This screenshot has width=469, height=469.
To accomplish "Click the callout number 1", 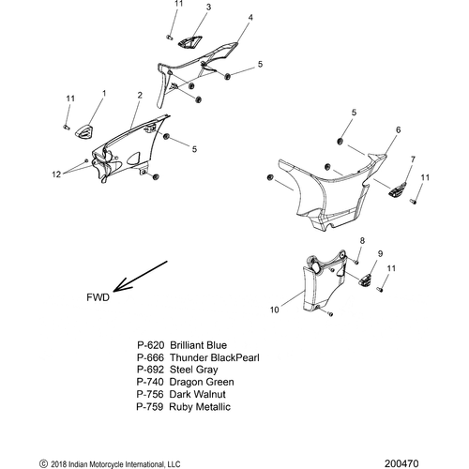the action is [x=104, y=94].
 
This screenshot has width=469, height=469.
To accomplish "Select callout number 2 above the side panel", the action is [x=140, y=95].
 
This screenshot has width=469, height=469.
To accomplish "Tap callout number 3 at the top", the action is [x=208, y=7].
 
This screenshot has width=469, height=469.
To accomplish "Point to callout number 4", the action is [x=250, y=18].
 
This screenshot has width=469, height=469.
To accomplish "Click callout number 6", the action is [x=398, y=129].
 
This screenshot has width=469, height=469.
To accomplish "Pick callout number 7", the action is [x=413, y=159].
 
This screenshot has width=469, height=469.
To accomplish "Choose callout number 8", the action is [x=362, y=240].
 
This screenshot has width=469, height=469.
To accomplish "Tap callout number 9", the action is [x=380, y=253].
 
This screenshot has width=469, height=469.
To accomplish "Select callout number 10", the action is [x=274, y=310].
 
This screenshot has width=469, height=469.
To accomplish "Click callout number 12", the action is [x=56, y=174].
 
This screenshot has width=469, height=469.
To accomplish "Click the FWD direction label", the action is [x=98, y=297].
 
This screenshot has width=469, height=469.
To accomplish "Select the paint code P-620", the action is [x=151, y=345].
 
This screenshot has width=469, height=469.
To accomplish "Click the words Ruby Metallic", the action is [x=200, y=407].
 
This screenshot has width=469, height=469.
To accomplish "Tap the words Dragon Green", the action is [x=202, y=382].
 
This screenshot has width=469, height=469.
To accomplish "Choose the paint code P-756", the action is [x=150, y=394].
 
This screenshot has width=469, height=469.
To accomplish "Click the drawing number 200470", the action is [x=401, y=463].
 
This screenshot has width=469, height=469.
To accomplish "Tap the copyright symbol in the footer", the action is [x=43, y=463].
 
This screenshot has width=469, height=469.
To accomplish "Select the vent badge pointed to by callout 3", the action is [x=189, y=41].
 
